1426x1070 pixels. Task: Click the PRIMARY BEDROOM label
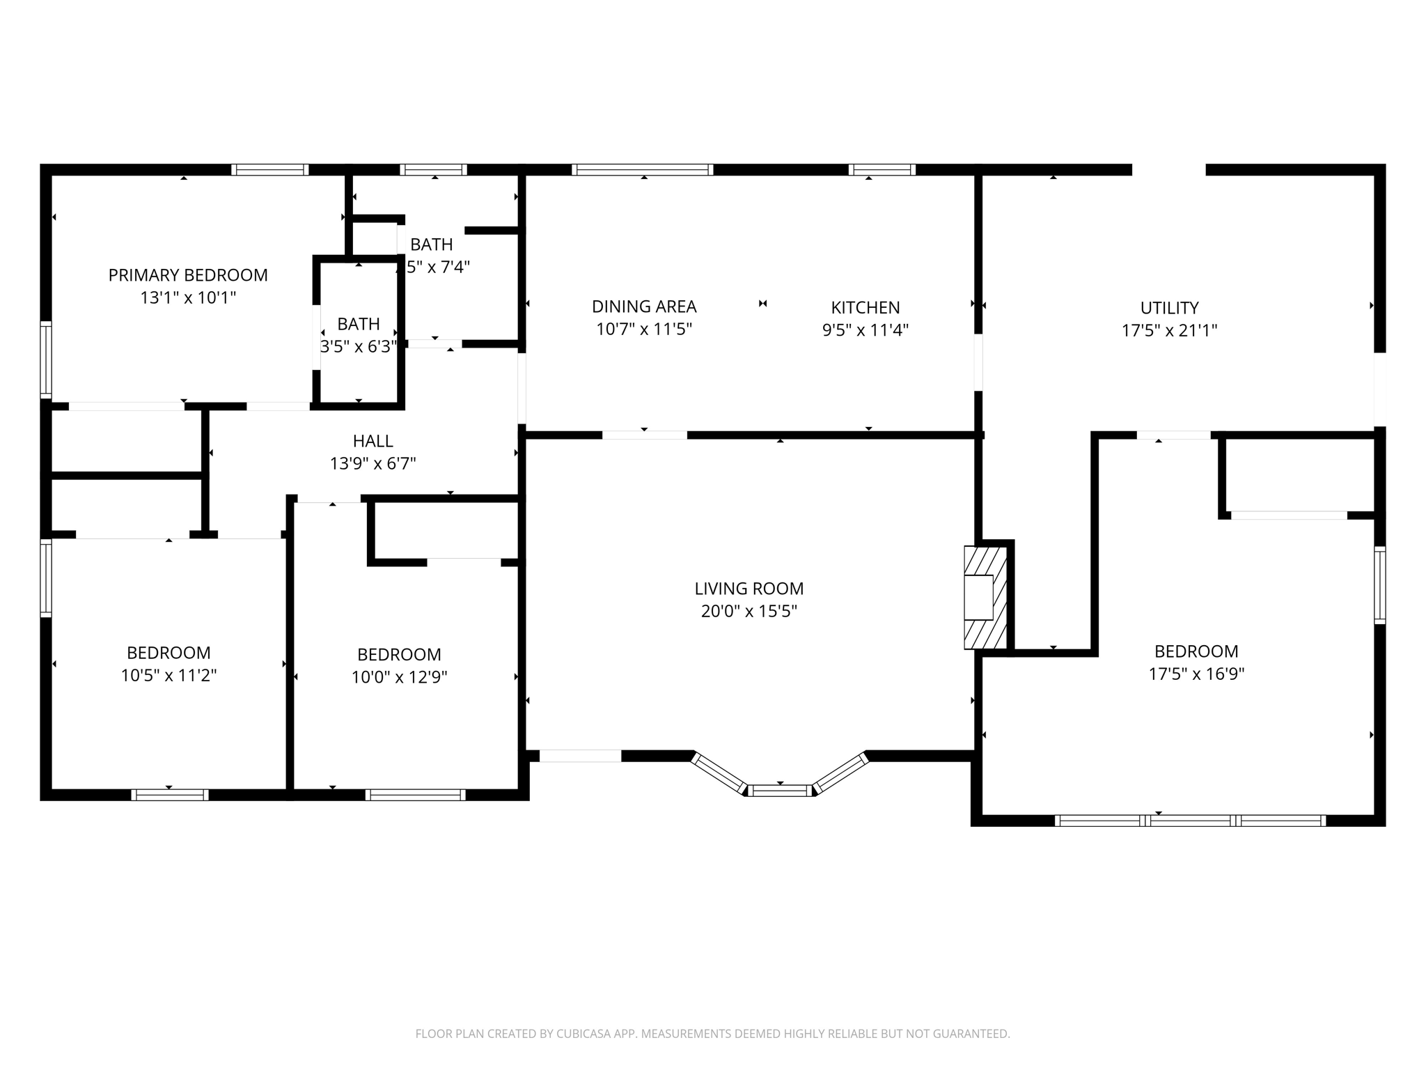[188, 275]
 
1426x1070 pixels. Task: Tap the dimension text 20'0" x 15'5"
[749, 612]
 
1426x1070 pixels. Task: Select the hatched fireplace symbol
[985, 598]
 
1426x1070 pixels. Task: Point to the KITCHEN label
[865, 307]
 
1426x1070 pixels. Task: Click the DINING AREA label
[643, 307]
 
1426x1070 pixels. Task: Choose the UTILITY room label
[1169, 308]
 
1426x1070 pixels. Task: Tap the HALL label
[373, 441]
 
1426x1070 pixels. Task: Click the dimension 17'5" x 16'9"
[1196, 674]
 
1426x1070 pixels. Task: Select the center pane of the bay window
[779, 790]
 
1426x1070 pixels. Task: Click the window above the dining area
[642, 169]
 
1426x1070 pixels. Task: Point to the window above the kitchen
[881, 169]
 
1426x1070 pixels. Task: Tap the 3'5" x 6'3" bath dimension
[358, 347]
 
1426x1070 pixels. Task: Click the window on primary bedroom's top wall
[269, 169]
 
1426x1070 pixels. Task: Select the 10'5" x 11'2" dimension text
[169, 676]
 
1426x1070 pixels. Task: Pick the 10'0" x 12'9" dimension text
[399, 677]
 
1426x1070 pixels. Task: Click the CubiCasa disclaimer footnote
[712, 1034]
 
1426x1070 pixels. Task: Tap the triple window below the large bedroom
[1189, 821]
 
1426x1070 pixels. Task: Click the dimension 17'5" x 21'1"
[1169, 331]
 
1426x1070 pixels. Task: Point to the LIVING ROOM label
[749, 589]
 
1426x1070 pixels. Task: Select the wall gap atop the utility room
[1168, 169]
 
